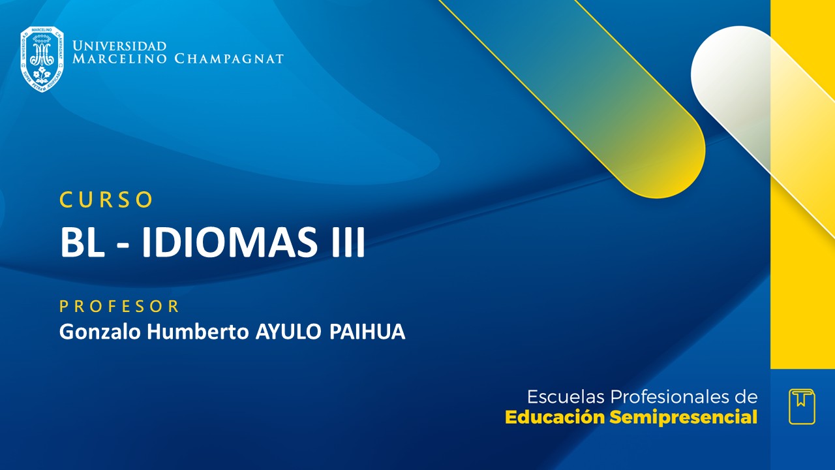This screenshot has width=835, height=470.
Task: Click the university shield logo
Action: pyautogui.click(x=42, y=59)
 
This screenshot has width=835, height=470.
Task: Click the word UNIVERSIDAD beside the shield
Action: pyautogui.click(x=119, y=46)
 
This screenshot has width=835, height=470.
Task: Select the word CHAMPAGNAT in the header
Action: pyautogui.click(x=229, y=59)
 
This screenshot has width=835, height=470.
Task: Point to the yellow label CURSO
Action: pyautogui.click(x=106, y=200)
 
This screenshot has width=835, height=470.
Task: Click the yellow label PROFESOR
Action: pyautogui.click(x=119, y=306)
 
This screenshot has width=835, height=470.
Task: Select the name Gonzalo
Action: pyautogui.click(x=100, y=332)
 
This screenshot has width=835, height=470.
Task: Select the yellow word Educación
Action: pyautogui.click(x=555, y=417)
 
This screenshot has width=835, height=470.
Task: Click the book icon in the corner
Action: pyautogui.click(x=802, y=406)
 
